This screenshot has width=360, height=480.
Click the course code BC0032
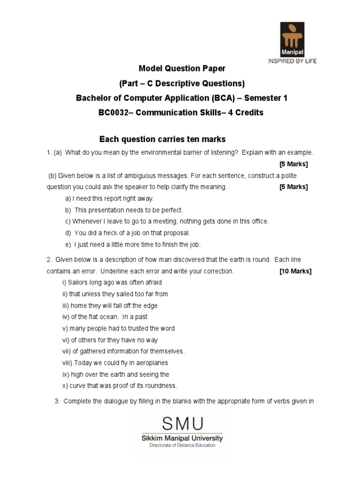114,112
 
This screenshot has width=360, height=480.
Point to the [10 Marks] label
295,271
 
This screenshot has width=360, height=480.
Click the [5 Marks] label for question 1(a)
293,164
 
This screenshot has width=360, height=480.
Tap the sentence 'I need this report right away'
110,198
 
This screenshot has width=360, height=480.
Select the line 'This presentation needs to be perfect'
124,210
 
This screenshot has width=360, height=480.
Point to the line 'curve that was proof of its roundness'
120,386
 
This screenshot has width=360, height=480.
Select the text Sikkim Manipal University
182,438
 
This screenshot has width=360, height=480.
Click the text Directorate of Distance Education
182,446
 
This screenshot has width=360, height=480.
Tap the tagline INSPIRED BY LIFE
292,61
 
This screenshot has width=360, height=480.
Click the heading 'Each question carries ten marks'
163,139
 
